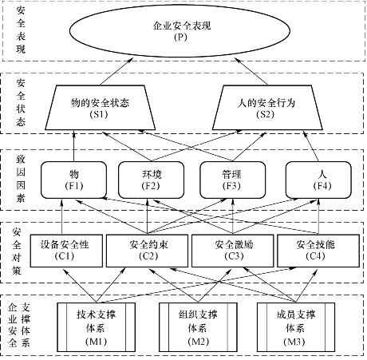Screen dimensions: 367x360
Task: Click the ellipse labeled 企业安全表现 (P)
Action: click(x=180, y=30)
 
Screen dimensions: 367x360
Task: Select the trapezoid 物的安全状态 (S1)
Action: click(x=100, y=108)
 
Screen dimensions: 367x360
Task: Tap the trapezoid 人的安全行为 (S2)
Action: click(x=267, y=108)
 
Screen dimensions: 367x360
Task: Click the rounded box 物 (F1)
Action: click(x=73, y=180)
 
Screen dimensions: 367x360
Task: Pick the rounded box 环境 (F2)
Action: click(x=151, y=180)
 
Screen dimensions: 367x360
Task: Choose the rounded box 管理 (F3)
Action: click(x=232, y=180)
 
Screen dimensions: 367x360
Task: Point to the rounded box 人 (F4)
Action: click(x=318, y=180)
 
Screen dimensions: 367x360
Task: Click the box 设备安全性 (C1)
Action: click(x=66, y=251)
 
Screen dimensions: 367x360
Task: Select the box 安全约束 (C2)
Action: click(x=147, y=251)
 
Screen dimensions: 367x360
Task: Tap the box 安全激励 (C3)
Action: click(x=232, y=251)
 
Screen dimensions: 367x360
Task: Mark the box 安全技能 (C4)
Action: click(x=318, y=251)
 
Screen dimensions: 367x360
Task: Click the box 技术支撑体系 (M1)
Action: click(x=96, y=327)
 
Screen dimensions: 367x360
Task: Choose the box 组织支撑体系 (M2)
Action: click(x=198, y=327)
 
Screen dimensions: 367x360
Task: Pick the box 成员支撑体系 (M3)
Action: click(x=295, y=327)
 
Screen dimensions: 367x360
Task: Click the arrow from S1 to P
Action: click(x=116, y=72)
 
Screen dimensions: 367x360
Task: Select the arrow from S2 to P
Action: click(x=251, y=72)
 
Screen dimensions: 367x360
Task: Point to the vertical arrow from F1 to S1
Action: click(x=74, y=146)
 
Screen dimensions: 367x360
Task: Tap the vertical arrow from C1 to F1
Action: click(x=61, y=216)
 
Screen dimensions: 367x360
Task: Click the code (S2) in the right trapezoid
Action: click(x=266, y=114)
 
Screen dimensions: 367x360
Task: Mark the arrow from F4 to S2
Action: click(x=311, y=146)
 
